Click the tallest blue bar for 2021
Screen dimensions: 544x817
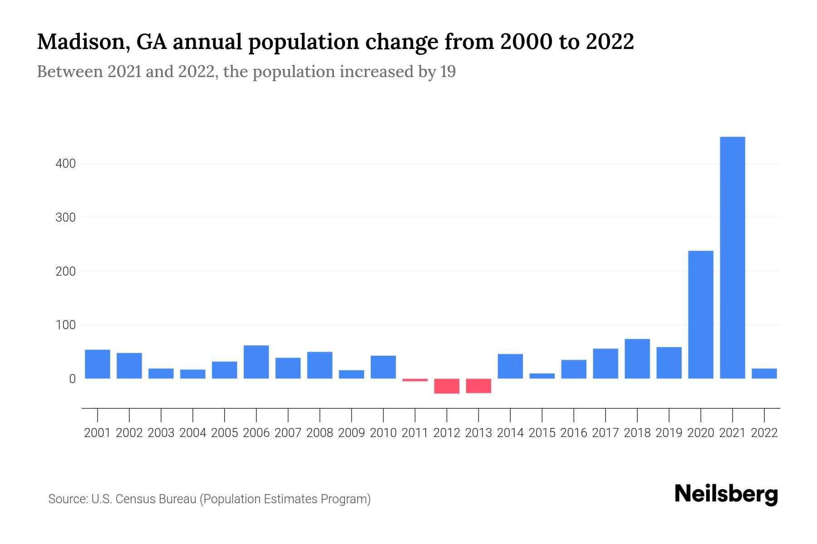pyautogui.click(x=732, y=257)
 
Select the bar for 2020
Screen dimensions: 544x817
pyautogui.click(x=700, y=315)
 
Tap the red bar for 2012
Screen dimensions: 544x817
pyautogui.click(x=447, y=386)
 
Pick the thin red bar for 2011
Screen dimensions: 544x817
pyautogui.click(x=415, y=380)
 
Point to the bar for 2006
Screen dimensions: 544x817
pyautogui.click(x=256, y=362)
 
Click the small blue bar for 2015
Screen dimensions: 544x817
pyautogui.click(x=542, y=376)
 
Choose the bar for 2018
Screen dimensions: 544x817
pyautogui.click(x=637, y=359)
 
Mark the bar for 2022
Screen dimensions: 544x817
pyautogui.click(x=764, y=374)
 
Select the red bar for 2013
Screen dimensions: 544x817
pyautogui.click(x=478, y=386)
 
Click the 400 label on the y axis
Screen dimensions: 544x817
pyautogui.click(x=65, y=164)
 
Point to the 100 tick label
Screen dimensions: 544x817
pyautogui.click(x=65, y=325)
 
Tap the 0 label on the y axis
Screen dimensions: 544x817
pyautogui.click(x=72, y=379)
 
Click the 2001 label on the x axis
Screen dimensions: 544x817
pyautogui.click(x=98, y=433)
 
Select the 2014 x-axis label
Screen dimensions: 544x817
pyautogui.click(x=510, y=433)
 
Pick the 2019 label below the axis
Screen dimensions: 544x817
pyautogui.click(x=669, y=433)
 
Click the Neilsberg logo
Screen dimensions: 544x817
pyautogui.click(x=726, y=494)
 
